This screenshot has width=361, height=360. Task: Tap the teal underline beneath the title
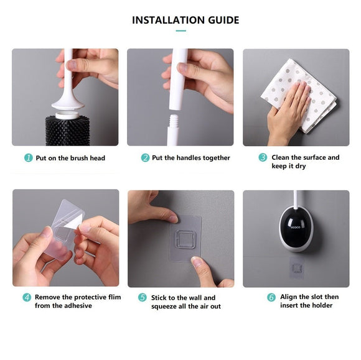(x=180, y=30)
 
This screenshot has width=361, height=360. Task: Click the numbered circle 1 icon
(x=28, y=158)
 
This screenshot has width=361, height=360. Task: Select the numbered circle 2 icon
(x=145, y=158)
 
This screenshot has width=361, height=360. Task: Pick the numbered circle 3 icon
(x=263, y=158)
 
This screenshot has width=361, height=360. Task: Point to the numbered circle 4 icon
(x=27, y=297)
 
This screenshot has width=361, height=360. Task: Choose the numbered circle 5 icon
(x=143, y=298)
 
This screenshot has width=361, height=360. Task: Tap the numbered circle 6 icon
(x=271, y=297)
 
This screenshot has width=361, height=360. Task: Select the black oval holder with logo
(x=296, y=230)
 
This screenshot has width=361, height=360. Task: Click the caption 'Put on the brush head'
(x=70, y=158)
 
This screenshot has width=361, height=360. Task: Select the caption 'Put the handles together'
(x=190, y=158)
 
